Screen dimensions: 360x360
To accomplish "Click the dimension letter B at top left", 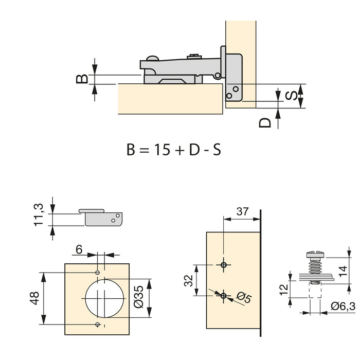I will pos(81,78).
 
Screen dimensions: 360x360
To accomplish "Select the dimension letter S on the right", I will pos(291,96).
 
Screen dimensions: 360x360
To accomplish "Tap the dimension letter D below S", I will pos(265,123).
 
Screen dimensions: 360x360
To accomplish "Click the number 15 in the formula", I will pos(163,150).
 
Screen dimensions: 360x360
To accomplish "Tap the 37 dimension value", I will pos(242,211).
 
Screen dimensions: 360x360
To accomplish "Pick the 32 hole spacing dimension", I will pos(188,280).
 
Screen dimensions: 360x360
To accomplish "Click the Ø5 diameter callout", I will pos(244,297).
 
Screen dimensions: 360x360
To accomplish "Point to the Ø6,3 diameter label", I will pos(342,308).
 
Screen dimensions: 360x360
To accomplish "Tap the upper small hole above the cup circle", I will pos(98,272).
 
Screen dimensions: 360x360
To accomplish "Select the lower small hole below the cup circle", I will pos(98,325).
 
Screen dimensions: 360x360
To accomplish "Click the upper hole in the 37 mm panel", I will pos(223,265).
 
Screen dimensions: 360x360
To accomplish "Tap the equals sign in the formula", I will pos(144,151).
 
